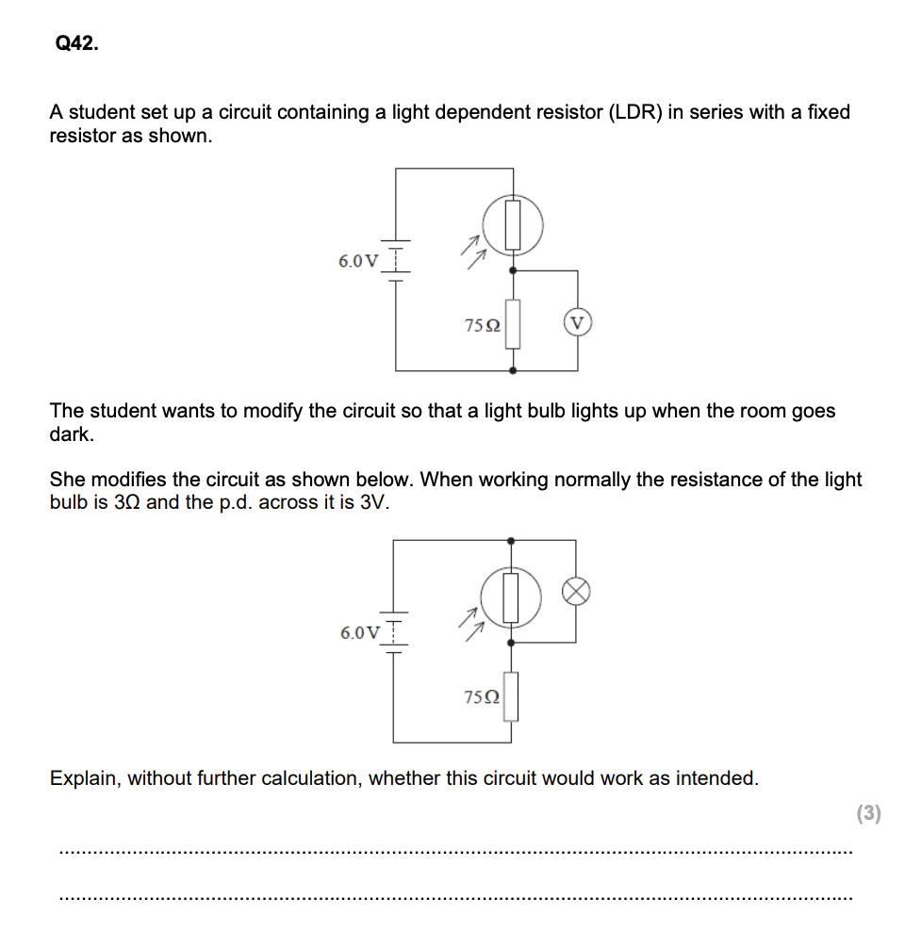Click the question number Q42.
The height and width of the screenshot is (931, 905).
point(76,43)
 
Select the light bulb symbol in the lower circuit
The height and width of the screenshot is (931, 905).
point(576,591)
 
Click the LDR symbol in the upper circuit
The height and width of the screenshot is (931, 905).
point(513,224)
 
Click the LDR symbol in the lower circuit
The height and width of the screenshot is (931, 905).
point(511,596)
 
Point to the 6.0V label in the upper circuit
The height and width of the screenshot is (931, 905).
point(358,261)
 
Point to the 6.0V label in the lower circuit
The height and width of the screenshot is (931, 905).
point(360,632)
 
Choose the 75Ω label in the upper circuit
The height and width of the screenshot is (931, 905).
point(483,325)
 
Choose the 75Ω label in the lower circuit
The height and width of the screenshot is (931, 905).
point(483,697)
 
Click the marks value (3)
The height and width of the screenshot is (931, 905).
point(868,813)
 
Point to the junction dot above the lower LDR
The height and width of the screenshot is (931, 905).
point(511,541)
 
